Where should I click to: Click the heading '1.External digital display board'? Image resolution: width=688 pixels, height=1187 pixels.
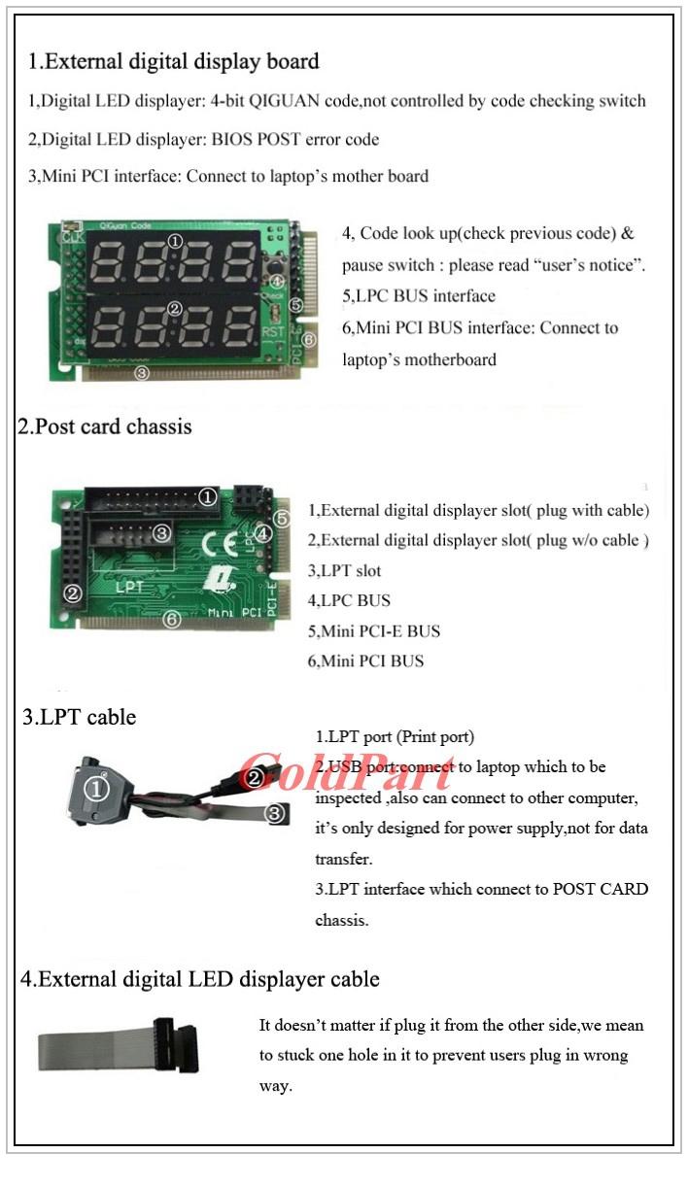(x=173, y=61)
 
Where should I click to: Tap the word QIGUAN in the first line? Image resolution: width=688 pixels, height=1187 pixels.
(x=284, y=101)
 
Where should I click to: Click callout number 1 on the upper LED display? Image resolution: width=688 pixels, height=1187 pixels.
(x=175, y=242)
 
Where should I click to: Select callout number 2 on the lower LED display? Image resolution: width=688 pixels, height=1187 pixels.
(x=175, y=309)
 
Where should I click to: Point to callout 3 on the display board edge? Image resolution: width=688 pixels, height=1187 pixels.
(x=142, y=373)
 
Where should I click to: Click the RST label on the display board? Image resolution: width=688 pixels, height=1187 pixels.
(x=273, y=332)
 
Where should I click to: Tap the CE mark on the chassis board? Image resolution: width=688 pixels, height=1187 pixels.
(x=220, y=543)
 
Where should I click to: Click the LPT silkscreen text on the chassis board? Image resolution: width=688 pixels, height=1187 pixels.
(x=129, y=587)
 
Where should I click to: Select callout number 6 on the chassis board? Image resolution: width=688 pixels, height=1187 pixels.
(x=172, y=619)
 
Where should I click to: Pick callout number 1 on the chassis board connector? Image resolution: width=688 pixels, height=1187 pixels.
(x=208, y=497)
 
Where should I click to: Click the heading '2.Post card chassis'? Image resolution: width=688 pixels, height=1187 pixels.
(x=104, y=426)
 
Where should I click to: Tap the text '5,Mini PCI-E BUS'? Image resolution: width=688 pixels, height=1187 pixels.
(x=374, y=631)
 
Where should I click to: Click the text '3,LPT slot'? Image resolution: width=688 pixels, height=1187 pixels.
(x=344, y=571)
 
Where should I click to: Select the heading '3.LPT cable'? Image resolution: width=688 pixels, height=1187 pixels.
(x=80, y=717)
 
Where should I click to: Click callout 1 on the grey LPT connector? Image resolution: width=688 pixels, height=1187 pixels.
(x=96, y=789)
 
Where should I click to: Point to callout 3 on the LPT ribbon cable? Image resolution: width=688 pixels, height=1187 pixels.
(x=275, y=813)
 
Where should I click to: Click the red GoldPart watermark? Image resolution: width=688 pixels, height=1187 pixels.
(x=346, y=771)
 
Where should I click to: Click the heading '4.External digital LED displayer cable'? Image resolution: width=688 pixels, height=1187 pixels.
(x=200, y=979)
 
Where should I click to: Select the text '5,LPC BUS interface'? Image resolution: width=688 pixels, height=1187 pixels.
(x=419, y=295)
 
